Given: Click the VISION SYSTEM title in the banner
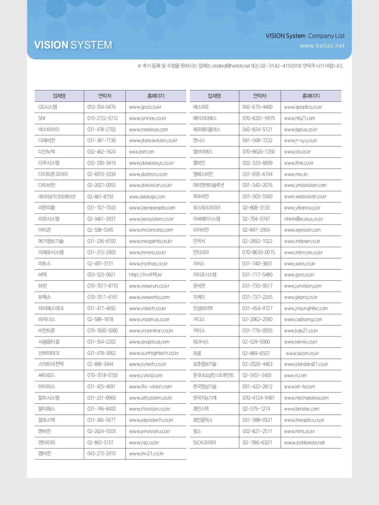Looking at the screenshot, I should coord(73,45).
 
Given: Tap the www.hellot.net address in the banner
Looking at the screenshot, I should coord(322,46).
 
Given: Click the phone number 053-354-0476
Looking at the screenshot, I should coord(101,107).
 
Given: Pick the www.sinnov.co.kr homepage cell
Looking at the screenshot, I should coord(148,118).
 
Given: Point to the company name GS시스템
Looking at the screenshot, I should coord(48,107).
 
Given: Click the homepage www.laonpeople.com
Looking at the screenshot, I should coord(152,208).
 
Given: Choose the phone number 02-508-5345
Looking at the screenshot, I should coord(100,230).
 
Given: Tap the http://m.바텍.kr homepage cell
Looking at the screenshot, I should coord(145,275).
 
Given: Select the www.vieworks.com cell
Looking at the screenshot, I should coord(149,297).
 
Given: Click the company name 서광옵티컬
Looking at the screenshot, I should coord(49,342).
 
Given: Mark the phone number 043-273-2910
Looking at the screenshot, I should coord(101,453).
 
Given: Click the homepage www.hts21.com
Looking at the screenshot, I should coord(299,118).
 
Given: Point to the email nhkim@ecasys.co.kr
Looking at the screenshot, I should coord(303,219).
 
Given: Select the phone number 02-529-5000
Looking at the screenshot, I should coord(256,342).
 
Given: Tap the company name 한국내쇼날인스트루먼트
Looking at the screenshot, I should coord(213,375).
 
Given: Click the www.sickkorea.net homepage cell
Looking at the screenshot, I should coord(304,443).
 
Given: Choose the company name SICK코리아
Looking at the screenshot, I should coord(204,443).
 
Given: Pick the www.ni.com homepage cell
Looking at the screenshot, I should coord(295,375).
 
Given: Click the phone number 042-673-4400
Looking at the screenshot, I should coord(257,107).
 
